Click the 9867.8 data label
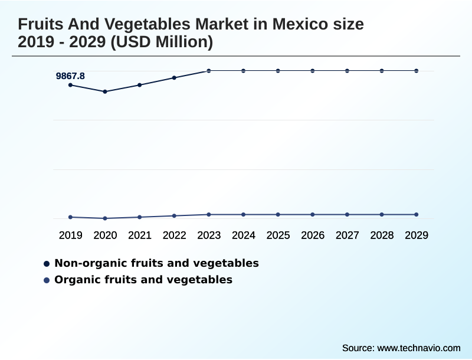pos(70,76)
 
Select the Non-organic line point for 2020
pos(105,91)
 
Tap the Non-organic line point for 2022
pos(174,77)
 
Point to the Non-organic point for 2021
pos(140,85)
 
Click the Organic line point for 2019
pos(71,217)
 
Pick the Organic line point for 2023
pos(209,214)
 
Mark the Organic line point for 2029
pos(417,214)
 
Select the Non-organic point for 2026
pos(313,71)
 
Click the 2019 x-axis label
pos(71,235)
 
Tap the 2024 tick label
pos(244,235)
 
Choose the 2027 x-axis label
pos(348,235)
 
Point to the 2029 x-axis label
pos(417,235)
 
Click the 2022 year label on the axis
pos(175,235)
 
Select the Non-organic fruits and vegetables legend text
pos(156,263)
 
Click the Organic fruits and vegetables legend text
pos(143,280)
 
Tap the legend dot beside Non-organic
pos(46,263)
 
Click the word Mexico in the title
pos(302,25)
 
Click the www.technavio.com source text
pos(418,348)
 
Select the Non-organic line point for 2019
pos(71,85)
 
